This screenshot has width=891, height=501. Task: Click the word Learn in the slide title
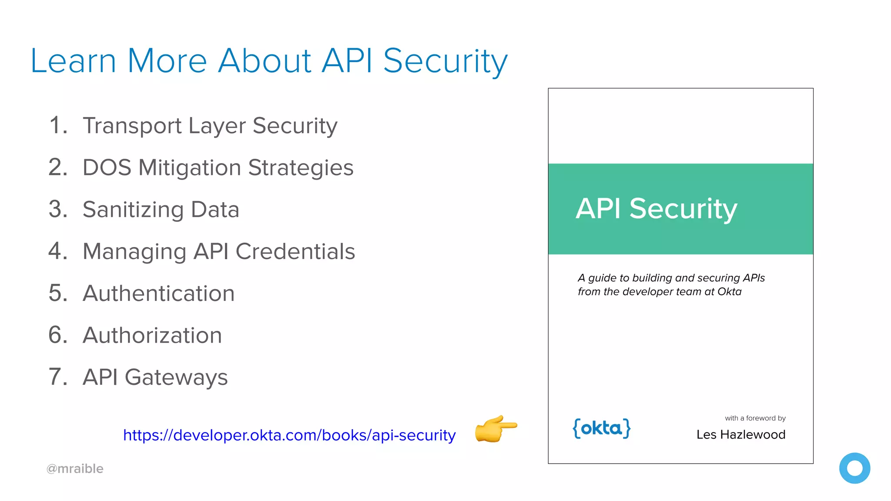click(x=73, y=61)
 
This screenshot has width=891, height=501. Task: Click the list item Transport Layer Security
click(x=210, y=126)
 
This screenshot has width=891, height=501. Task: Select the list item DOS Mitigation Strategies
click(x=218, y=168)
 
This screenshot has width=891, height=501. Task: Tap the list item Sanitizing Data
click(x=161, y=210)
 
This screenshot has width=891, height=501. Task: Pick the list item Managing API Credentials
click(x=218, y=251)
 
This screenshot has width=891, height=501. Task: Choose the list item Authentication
click(x=158, y=293)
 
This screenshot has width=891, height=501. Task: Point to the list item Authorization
click(x=152, y=335)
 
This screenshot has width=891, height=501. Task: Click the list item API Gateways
click(x=155, y=377)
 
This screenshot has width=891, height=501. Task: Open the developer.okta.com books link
click(x=289, y=435)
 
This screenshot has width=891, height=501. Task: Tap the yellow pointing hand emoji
click(x=495, y=429)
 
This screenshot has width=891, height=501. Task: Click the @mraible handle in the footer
click(x=75, y=469)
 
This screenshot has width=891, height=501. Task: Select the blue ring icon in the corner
click(x=854, y=468)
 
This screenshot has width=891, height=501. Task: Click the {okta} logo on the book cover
click(x=602, y=429)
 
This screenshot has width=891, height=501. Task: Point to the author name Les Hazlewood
click(x=740, y=434)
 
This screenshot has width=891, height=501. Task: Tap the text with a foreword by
click(x=755, y=418)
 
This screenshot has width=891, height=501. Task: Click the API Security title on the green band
click(x=656, y=209)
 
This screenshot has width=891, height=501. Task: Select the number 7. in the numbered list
click(x=58, y=377)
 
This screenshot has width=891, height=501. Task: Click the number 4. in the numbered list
click(x=58, y=251)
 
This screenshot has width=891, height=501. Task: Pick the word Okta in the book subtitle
click(x=729, y=291)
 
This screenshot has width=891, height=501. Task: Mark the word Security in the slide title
click(x=445, y=61)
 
